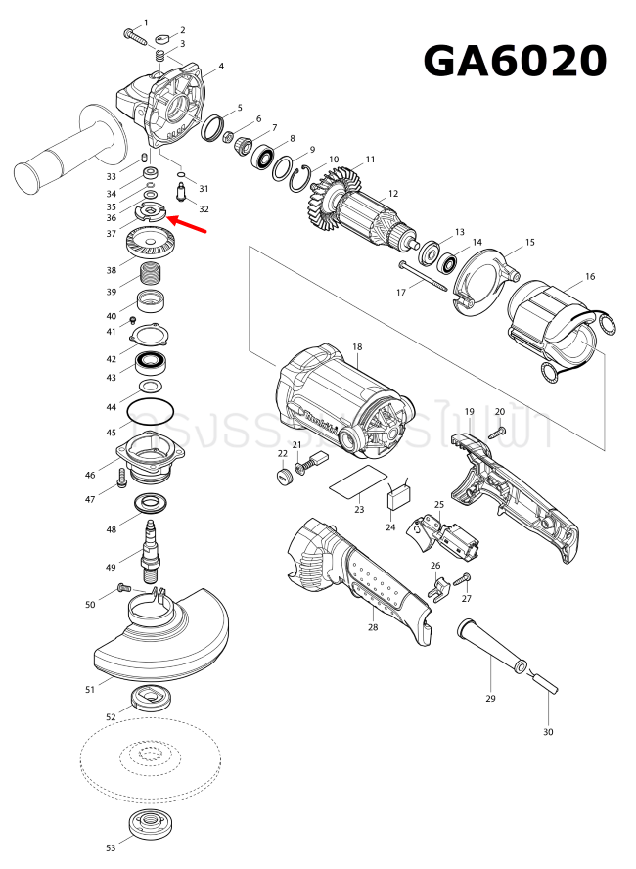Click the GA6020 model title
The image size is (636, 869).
click(515, 61)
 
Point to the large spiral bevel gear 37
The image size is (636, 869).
click(151, 241)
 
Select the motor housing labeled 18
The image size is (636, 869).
click(338, 401)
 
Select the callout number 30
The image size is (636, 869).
click(548, 732)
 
